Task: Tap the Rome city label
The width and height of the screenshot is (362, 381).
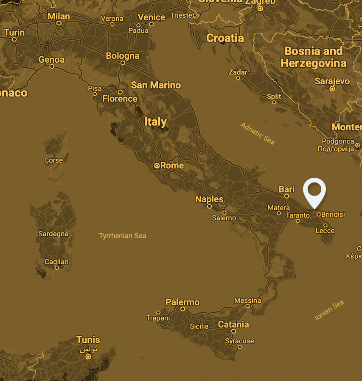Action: [172, 166]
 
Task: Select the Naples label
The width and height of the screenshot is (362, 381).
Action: [209, 199]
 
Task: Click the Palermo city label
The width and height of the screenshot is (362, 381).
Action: [182, 302]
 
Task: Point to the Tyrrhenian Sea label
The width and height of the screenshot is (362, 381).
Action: [122, 236]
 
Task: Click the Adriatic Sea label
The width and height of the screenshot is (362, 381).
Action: [257, 133]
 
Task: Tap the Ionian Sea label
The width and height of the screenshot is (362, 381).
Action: [329, 310]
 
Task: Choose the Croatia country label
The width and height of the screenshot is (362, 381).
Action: [225, 38]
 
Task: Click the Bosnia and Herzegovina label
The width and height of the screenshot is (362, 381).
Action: [313, 57]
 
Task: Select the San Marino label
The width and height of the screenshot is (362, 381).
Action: [156, 85]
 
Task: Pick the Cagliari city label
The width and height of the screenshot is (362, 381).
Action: [56, 262]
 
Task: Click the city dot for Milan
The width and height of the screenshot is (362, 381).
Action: [59, 23]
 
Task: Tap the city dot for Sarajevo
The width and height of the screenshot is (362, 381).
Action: [332, 89]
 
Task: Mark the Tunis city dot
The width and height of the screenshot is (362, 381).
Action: [88, 357]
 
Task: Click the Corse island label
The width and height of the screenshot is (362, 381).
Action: [53, 160]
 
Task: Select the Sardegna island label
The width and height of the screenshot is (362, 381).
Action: [53, 234]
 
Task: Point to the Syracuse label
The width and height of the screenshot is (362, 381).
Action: [239, 341]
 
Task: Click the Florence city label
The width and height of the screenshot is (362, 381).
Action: [120, 99]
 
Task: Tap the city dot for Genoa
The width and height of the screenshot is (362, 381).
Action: [52, 66]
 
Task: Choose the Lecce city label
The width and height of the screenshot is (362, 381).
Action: [325, 231]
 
